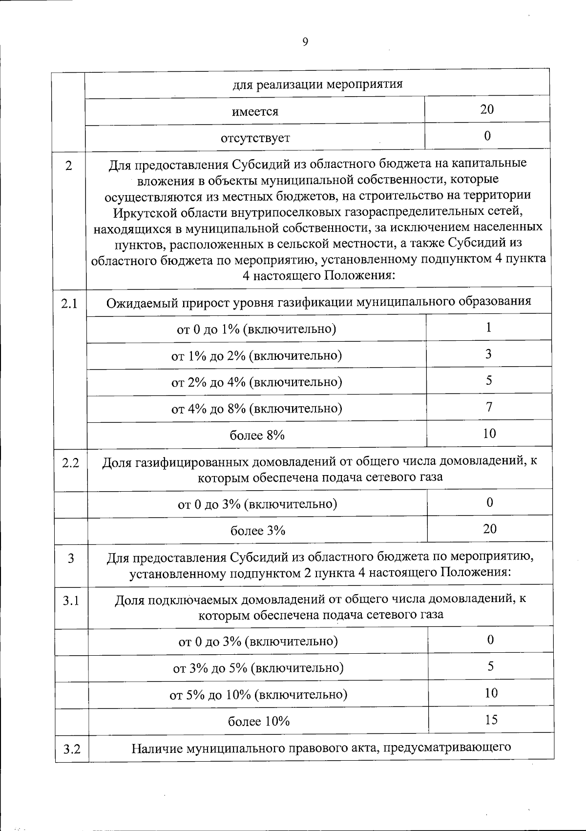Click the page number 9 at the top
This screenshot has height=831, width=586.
coord(305,42)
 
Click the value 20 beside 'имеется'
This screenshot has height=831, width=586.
coord(487,109)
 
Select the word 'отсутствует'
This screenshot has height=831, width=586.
coord(255,138)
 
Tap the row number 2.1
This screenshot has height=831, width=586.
coord(69,304)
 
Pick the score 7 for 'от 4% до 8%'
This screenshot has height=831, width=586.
coord(489,407)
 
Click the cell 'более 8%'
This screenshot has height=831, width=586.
coord(257,435)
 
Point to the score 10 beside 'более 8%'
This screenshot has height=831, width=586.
coord(489,433)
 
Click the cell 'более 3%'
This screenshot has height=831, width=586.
coord(258,530)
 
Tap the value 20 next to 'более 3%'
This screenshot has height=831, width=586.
coord(490,529)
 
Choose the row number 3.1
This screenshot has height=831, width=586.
coord(71,601)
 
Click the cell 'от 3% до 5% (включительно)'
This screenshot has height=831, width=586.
coord(258,668)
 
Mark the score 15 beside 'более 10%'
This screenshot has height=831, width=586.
coord(491,720)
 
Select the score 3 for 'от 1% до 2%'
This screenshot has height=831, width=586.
coord(488,354)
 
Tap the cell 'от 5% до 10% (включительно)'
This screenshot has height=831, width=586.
coord(258,694)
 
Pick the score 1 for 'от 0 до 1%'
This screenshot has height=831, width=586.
coord(488,327)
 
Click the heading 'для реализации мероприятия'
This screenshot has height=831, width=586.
coord(317,84)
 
